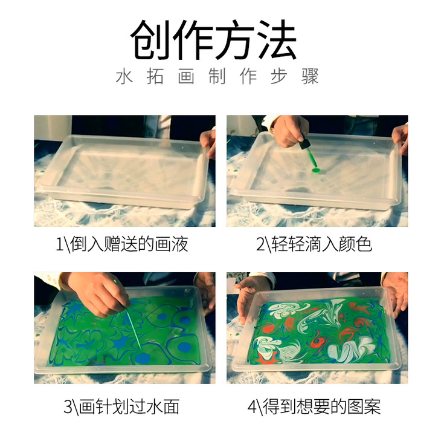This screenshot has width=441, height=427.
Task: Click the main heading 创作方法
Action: pos(213,40)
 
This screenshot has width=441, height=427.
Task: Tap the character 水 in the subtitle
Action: pos(124,76)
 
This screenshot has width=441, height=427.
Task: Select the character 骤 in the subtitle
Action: pos(310,76)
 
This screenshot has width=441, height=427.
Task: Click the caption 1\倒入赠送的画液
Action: pos(122,244)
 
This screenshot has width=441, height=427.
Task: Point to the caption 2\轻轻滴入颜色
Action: pos(314,244)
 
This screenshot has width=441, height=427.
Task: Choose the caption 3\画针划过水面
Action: pos(121,406)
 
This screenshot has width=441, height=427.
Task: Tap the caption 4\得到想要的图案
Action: pos(314,406)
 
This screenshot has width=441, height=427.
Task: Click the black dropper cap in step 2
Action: pos(304,144)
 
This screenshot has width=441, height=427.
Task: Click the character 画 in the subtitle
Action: pos(186,76)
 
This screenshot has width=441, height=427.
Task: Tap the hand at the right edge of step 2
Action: pos(401,140)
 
